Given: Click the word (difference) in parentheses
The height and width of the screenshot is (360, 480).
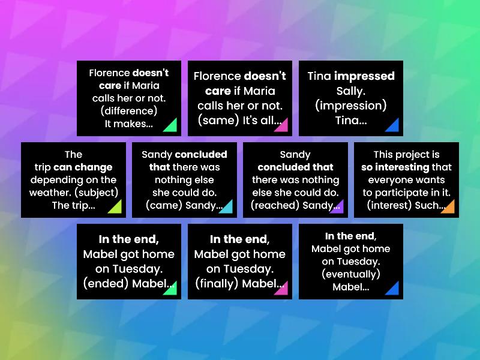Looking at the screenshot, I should [x=129, y=111].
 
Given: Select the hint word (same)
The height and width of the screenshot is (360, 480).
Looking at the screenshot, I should [x=219, y=120].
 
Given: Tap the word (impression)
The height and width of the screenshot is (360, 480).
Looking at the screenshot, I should [x=351, y=106].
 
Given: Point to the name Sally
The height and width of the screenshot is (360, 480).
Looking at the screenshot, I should [x=351, y=91].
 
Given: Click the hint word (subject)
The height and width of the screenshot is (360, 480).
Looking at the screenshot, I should [x=98, y=192].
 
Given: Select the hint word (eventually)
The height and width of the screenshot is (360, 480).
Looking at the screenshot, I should [x=351, y=274].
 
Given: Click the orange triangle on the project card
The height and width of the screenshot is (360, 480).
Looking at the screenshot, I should [x=449, y=207].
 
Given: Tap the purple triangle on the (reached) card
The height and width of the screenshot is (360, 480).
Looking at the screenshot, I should [x=337, y=207].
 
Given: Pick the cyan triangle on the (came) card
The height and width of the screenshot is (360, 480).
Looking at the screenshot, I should [x=226, y=207].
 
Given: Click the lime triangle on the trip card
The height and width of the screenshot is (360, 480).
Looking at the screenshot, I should [x=115, y=207].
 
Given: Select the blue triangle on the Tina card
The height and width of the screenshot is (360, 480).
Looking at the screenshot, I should [x=393, y=126].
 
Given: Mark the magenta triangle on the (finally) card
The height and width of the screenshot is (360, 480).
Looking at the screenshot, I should [x=282, y=289].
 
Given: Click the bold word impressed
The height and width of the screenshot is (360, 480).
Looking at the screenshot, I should [x=364, y=76].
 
